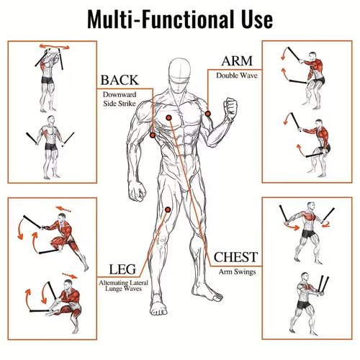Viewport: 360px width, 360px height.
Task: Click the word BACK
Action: click(120, 80)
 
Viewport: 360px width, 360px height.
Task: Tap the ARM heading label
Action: click(237, 61)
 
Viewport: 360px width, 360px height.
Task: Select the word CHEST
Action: click(235, 257)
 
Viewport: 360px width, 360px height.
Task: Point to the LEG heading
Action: click(122, 269)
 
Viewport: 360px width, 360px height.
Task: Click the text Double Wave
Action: click(237, 76)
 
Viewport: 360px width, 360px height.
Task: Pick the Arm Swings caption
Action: click(237, 272)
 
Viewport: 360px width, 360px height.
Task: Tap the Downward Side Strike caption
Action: click(120, 99)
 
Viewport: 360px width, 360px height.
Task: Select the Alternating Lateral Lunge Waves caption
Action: click(123, 286)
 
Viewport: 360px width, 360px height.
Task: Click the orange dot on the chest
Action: click(169, 117)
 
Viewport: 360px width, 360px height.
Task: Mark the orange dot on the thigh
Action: click(168, 210)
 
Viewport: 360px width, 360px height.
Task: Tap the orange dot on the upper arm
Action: click(208, 114)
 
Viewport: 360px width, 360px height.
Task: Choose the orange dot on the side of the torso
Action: click(153, 135)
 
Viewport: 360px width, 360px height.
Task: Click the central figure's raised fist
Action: click(230, 107)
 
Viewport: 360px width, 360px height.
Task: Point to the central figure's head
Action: click(179, 74)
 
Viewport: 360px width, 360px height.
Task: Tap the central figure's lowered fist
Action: click(137, 191)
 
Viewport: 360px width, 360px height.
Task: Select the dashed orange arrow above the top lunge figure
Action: click(63, 209)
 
